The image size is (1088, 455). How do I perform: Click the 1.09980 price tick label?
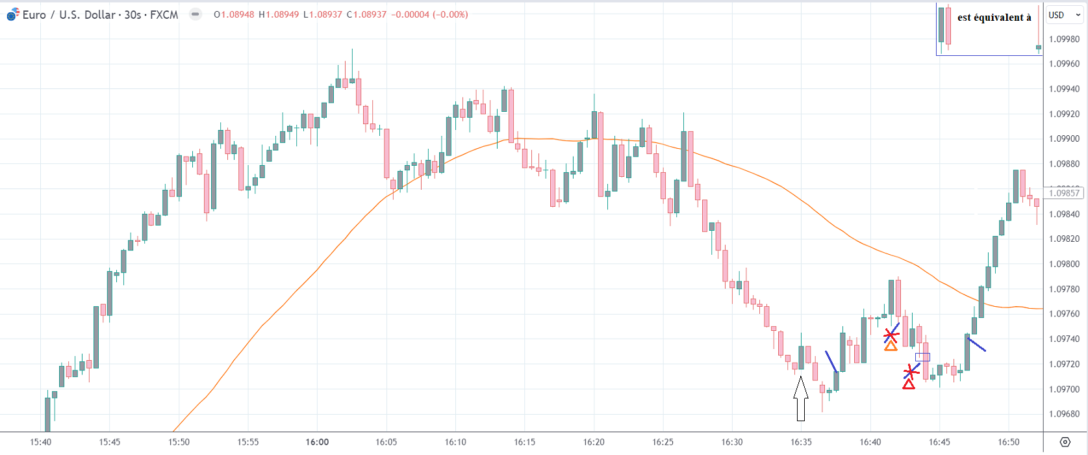[1064, 39]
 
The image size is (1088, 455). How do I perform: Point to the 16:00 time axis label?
[317, 442]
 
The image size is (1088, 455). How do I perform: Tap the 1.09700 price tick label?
[1064, 389]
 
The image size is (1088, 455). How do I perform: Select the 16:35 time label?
[801, 442]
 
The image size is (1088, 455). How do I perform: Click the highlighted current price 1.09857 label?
[1064, 193]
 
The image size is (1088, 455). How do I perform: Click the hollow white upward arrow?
[801, 398]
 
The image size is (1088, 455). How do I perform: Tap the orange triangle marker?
[891, 346]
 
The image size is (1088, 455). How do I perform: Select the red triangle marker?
[909, 385]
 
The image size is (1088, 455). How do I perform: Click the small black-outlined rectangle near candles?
[922, 357]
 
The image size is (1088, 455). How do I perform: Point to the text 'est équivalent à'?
[994, 18]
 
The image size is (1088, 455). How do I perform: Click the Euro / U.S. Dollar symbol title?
[100, 14]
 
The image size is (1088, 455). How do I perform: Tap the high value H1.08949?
[279, 14]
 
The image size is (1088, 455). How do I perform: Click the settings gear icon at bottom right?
[1065, 442]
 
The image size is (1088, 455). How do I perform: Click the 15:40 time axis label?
[40, 442]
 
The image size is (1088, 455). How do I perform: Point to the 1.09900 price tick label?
[1064, 139]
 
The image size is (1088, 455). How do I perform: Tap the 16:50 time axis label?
[1008, 442]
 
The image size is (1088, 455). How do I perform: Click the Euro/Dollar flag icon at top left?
[12, 15]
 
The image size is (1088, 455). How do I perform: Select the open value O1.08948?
[234, 14]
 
